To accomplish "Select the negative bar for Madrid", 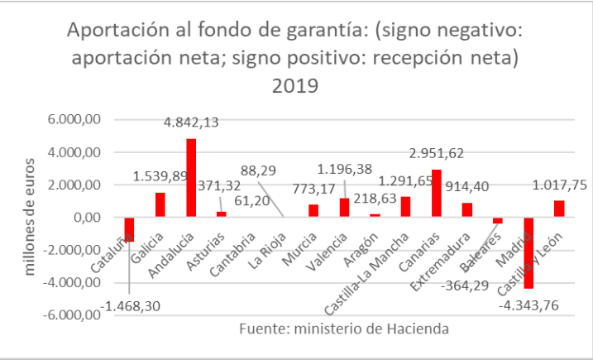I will (528, 252).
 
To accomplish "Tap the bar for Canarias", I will (437, 194).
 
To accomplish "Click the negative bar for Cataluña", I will (129, 229).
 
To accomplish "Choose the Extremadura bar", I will (467, 210).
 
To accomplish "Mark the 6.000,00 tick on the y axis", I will (74, 120).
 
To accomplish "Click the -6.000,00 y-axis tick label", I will (71, 315).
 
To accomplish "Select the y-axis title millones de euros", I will (31, 217).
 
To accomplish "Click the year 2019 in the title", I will (296, 85).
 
